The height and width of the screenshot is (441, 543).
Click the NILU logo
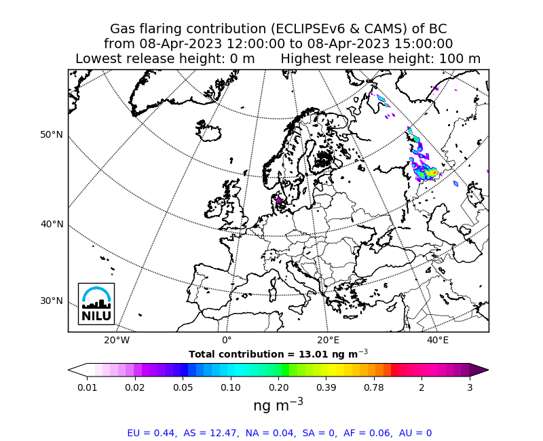pos(96,303)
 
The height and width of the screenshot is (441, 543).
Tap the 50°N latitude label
pos(52,134)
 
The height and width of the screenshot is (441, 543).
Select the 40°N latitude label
pos(52,224)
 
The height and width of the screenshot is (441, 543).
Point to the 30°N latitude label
pos(52,301)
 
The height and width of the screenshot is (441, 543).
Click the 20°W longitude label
pos(117,340)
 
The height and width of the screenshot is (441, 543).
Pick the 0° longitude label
pos(227,340)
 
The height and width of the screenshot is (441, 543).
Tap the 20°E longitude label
pos(329,340)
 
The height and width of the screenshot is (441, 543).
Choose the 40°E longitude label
pos(438,340)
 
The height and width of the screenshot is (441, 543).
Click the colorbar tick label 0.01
pos(87,387)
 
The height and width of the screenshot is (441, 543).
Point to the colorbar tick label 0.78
pos(374,387)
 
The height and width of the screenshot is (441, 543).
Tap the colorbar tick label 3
pos(469,387)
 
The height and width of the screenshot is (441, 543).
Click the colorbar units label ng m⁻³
pos(278,404)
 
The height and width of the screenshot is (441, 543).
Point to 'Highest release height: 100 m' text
pos(380,59)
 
